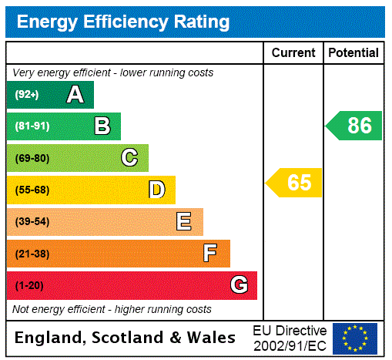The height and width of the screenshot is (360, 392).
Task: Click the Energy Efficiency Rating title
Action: (122, 22)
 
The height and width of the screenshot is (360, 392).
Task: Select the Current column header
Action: (293, 53)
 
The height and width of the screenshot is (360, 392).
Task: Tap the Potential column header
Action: (353, 53)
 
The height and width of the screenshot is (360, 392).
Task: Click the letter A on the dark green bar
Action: (75, 95)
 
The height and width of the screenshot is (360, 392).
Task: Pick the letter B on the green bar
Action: (102, 126)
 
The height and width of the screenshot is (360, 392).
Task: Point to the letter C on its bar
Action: (129, 158)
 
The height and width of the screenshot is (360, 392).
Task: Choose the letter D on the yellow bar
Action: (156, 190)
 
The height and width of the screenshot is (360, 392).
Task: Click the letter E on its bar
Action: (184, 222)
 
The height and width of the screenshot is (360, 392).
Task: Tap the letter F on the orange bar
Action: (210, 254)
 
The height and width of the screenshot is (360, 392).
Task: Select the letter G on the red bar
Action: (239, 285)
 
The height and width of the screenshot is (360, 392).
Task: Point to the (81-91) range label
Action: (32, 126)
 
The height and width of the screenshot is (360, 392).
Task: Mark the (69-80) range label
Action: (32, 158)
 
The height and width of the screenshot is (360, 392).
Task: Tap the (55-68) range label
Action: (32, 190)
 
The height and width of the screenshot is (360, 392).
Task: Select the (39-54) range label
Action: (32, 222)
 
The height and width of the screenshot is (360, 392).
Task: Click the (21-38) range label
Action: (32, 254)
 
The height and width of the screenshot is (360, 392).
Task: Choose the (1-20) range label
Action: (29, 285)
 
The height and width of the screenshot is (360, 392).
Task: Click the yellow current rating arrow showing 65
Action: (294, 183)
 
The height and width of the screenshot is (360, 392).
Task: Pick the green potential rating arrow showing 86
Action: (354, 126)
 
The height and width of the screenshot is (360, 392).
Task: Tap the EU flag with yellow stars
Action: (355, 338)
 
